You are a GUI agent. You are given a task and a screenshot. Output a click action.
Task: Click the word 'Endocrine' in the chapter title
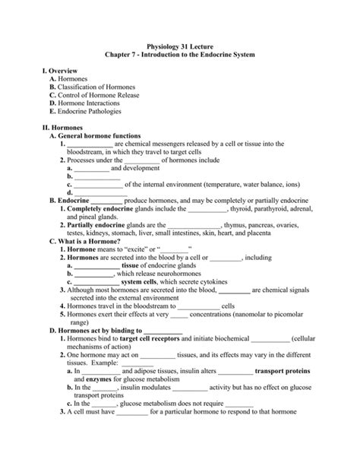211,56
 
